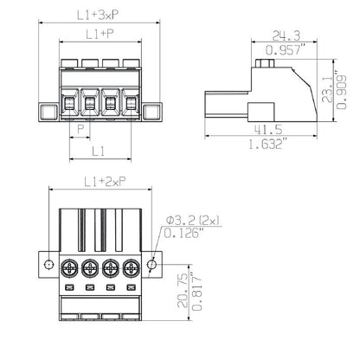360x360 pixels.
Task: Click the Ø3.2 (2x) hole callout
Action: click(x=194, y=222)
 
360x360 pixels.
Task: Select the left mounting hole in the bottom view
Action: click(x=48, y=265)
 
